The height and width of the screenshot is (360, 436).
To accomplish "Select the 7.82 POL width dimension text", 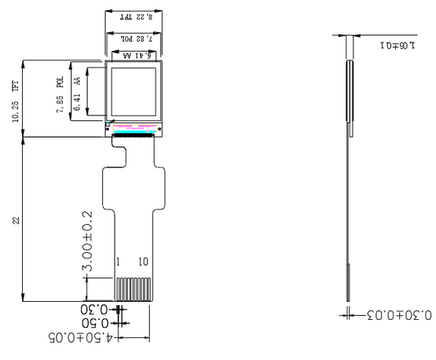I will [134, 38].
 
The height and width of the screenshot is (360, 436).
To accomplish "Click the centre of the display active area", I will [134, 91].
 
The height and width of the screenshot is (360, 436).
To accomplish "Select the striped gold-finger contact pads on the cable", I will [133, 289].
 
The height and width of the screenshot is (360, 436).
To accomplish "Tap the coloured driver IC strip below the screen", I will [134, 128].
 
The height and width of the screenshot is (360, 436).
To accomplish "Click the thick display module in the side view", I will [351, 90].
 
